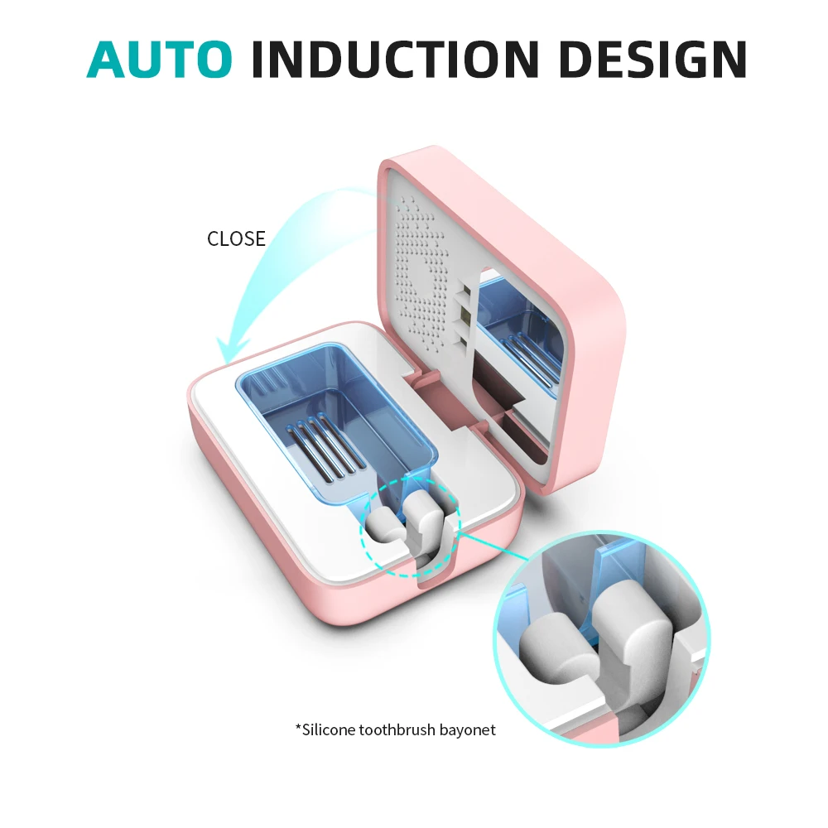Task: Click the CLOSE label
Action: [236, 239]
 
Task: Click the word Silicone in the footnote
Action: [328, 729]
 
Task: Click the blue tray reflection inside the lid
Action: [517, 331]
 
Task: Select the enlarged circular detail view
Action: [600, 638]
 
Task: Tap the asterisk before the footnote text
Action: [298, 728]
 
